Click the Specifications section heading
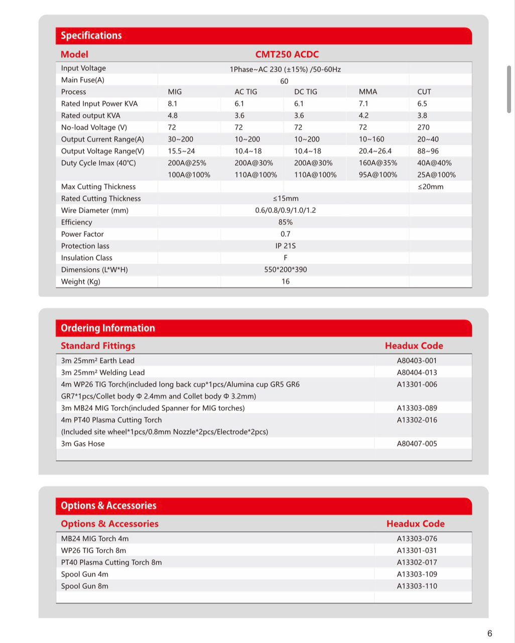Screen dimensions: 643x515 (x=91, y=36)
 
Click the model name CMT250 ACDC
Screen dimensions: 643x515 (x=287, y=54)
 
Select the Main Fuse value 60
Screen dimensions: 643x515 (x=284, y=81)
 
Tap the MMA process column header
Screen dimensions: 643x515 (x=368, y=92)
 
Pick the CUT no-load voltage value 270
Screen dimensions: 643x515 (x=423, y=128)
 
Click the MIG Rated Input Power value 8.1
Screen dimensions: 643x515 (x=173, y=104)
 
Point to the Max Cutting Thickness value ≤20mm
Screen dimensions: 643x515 (x=430, y=187)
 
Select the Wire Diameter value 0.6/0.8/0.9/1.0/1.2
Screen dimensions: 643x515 (x=285, y=210)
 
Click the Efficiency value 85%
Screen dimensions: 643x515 (x=285, y=223)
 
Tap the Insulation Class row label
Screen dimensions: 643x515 (x=87, y=258)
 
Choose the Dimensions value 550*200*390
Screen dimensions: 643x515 (x=285, y=270)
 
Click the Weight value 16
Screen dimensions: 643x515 (x=285, y=282)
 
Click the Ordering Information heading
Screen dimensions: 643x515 (x=108, y=329)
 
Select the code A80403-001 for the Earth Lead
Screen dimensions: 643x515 (x=417, y=361)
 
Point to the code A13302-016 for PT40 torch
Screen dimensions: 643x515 (x=417, y=420)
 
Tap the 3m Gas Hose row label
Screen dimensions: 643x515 (x=83, y=444)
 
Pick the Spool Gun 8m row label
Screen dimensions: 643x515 (x=85, y=586)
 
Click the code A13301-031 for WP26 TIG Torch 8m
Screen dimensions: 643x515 (x=417, y=551)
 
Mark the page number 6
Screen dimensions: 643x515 (x=489, y=633)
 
